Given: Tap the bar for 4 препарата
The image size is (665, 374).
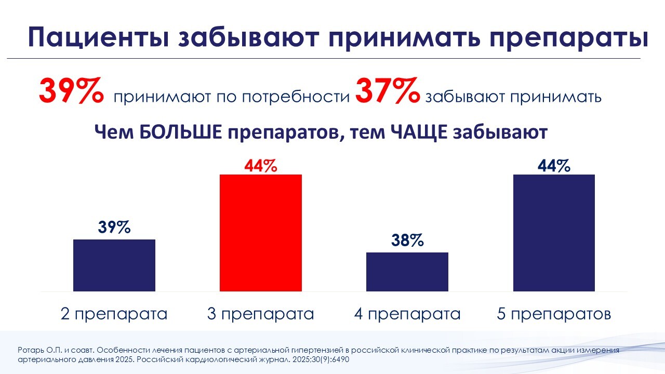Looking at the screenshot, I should pos(407,272).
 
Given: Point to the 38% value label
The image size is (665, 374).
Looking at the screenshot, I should pos(407,241).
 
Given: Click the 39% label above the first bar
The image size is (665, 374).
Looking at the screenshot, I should pos(114,228).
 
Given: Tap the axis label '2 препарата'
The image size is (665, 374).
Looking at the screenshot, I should pos(114,314).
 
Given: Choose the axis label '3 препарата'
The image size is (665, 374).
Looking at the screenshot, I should pos(261,314).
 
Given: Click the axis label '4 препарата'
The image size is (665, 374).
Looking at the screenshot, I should pos(407,314).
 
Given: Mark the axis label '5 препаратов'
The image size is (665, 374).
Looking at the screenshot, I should pos(554,314).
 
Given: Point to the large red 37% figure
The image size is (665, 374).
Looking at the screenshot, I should pos(387,92).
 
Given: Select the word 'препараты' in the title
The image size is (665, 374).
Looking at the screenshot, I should pos(558,38).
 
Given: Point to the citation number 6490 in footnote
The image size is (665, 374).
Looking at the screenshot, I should pos(343,359).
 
